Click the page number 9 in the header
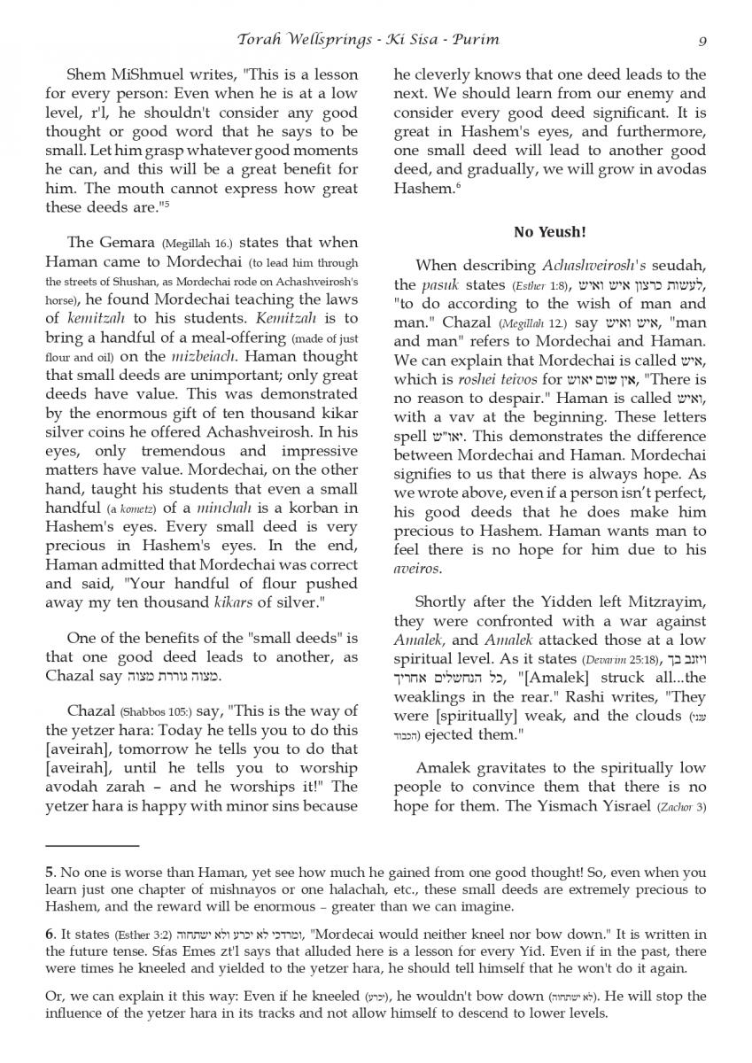pos(702,40)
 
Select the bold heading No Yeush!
pos(549,232)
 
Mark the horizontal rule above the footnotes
pos(92,848)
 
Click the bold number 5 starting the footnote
pos(50,872)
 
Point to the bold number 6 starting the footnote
pos(50,931)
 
